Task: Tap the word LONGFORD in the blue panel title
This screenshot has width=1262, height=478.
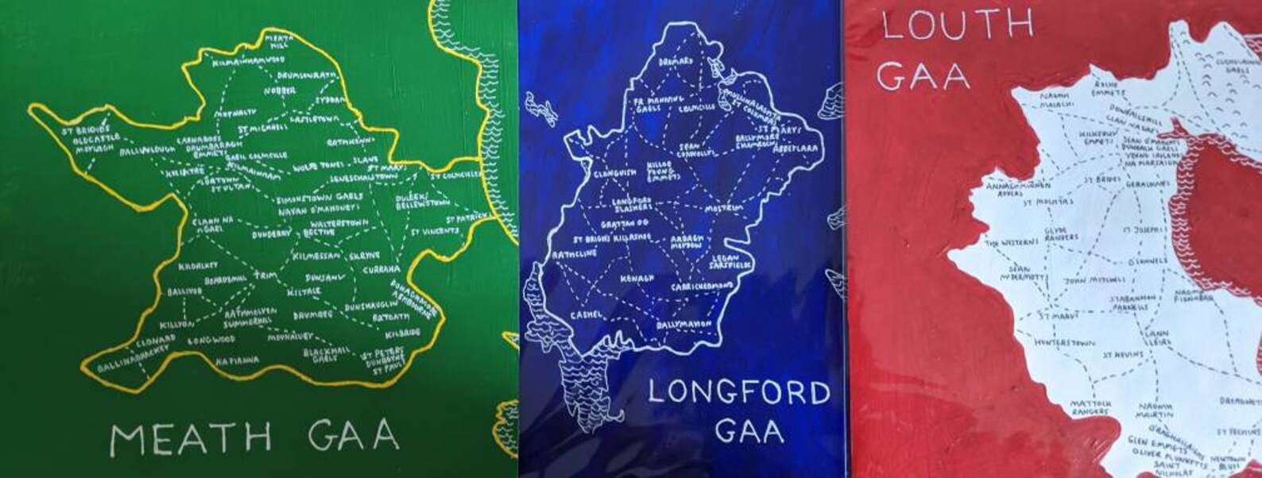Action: (x=738, y=393)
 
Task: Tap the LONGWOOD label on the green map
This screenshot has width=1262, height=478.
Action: (x=212, y=339)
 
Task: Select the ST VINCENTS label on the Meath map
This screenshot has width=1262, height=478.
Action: (x=435, y=232)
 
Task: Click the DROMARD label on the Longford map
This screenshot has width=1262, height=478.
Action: (x=676, y=60)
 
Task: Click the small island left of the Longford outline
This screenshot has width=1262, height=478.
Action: (x=540, y=107)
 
